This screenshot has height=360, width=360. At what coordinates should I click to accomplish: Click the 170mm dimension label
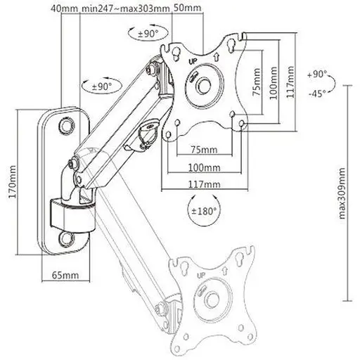13,181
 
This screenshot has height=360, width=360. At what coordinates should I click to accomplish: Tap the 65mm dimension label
65,275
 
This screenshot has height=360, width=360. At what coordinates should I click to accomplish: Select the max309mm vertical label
342,193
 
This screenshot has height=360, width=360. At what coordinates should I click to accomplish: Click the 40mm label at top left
64,8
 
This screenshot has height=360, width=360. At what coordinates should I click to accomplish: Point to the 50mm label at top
188,8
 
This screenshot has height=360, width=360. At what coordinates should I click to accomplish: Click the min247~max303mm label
126,8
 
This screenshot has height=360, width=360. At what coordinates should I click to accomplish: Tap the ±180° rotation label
203,212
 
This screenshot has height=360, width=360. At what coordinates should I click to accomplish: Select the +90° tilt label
317,75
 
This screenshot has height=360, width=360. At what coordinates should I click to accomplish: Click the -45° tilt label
317,94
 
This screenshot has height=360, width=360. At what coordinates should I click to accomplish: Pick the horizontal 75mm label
204,150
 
